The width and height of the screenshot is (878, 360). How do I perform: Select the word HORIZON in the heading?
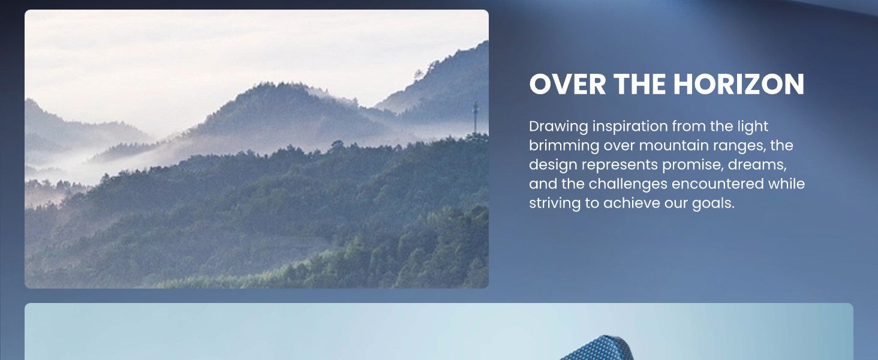pyautogui.click(x=739, y=85)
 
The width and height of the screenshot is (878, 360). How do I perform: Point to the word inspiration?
pyautogui.click(x=630, y=127)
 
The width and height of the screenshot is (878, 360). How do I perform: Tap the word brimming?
pyautogui.click(x=564, y=146)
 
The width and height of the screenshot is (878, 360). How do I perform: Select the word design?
pyautogui.click(x=553, y=166)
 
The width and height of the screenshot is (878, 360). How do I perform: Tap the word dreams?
pyautogui.click(x=757, y=165)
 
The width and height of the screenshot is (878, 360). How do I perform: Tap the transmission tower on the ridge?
pyautogui.click(x=476, y=117)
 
